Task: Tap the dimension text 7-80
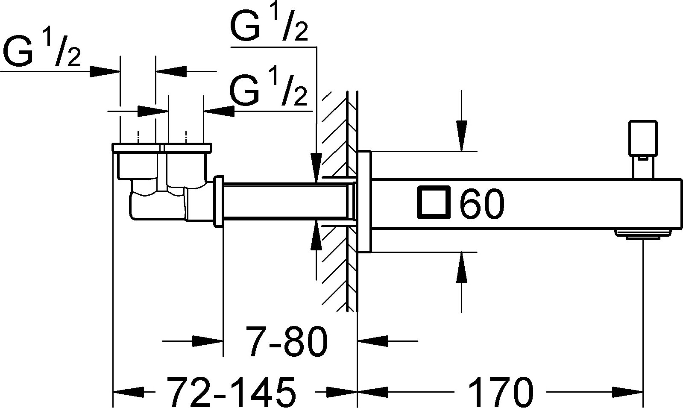coord(286,341)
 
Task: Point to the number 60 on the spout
coord(482,203)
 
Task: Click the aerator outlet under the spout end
coord(643,233)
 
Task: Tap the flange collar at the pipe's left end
coord(218,201)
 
